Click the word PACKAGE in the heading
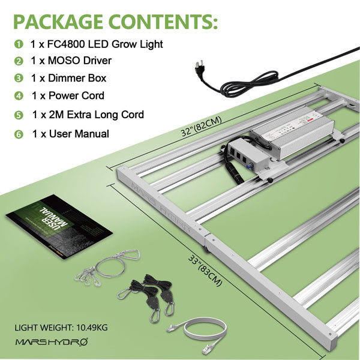[x=58, y=22]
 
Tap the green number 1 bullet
[x=19, y=44]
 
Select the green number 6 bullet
[x=19, y=134]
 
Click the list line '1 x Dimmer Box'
[x=68, y=78]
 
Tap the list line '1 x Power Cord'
[x=68, y=95]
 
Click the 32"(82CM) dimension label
[x=201, y=126]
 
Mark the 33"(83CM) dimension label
[x=205, y=271]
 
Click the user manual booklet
[x=59, y=226]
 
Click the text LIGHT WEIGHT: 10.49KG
[x=61, y=328]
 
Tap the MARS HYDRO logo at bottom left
[x=52, y=342]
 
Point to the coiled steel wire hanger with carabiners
[x=107, y=267]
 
